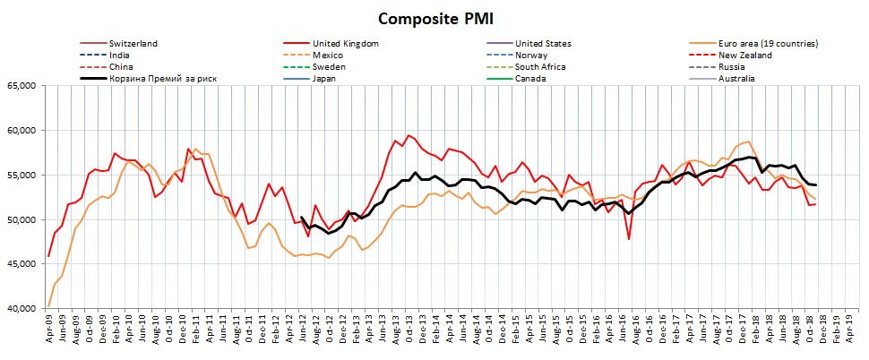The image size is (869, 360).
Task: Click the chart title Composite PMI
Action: (434, 19)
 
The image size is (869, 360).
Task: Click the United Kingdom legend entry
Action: (345, 43)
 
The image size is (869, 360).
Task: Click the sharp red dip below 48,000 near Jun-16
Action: (629, 238)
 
